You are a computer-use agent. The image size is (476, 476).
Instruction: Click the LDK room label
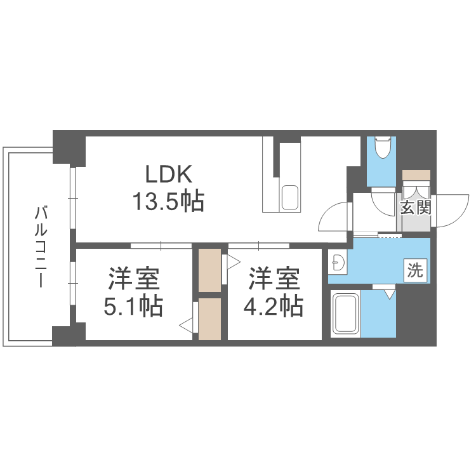tap(168, 174)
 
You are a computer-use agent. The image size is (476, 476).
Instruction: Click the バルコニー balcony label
tap(40, 246)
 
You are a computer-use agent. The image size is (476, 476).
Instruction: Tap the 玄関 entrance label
tap(416, 207)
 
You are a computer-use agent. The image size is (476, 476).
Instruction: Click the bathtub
tap(346, 314)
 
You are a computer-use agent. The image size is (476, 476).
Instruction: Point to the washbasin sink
tap(338, 261)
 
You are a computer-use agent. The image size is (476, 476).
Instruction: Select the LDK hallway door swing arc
tap(333, 220)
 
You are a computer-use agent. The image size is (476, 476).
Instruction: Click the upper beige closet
tap(209, 270)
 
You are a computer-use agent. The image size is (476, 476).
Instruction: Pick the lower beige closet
tap(209, 319)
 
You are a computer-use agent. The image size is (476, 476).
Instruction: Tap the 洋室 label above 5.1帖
tap(133, 279)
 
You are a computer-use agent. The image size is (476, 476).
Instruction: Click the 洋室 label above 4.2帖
tap(273, 279)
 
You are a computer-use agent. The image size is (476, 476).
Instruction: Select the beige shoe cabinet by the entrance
tap(416, 175)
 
